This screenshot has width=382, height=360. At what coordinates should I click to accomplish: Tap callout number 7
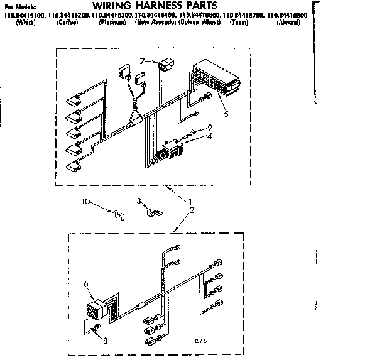point(143,60)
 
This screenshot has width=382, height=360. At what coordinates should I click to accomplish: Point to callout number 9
point(210,128)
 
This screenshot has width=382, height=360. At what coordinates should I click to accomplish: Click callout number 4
point(210,136)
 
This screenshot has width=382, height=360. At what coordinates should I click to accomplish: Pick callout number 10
point(87,202)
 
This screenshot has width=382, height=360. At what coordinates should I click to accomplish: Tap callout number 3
point(139,202)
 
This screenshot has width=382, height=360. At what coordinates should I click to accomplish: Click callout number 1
point(189,202)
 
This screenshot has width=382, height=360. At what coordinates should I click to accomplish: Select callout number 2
point(191,210)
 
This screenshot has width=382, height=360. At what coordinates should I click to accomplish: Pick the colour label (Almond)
point(288,22)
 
